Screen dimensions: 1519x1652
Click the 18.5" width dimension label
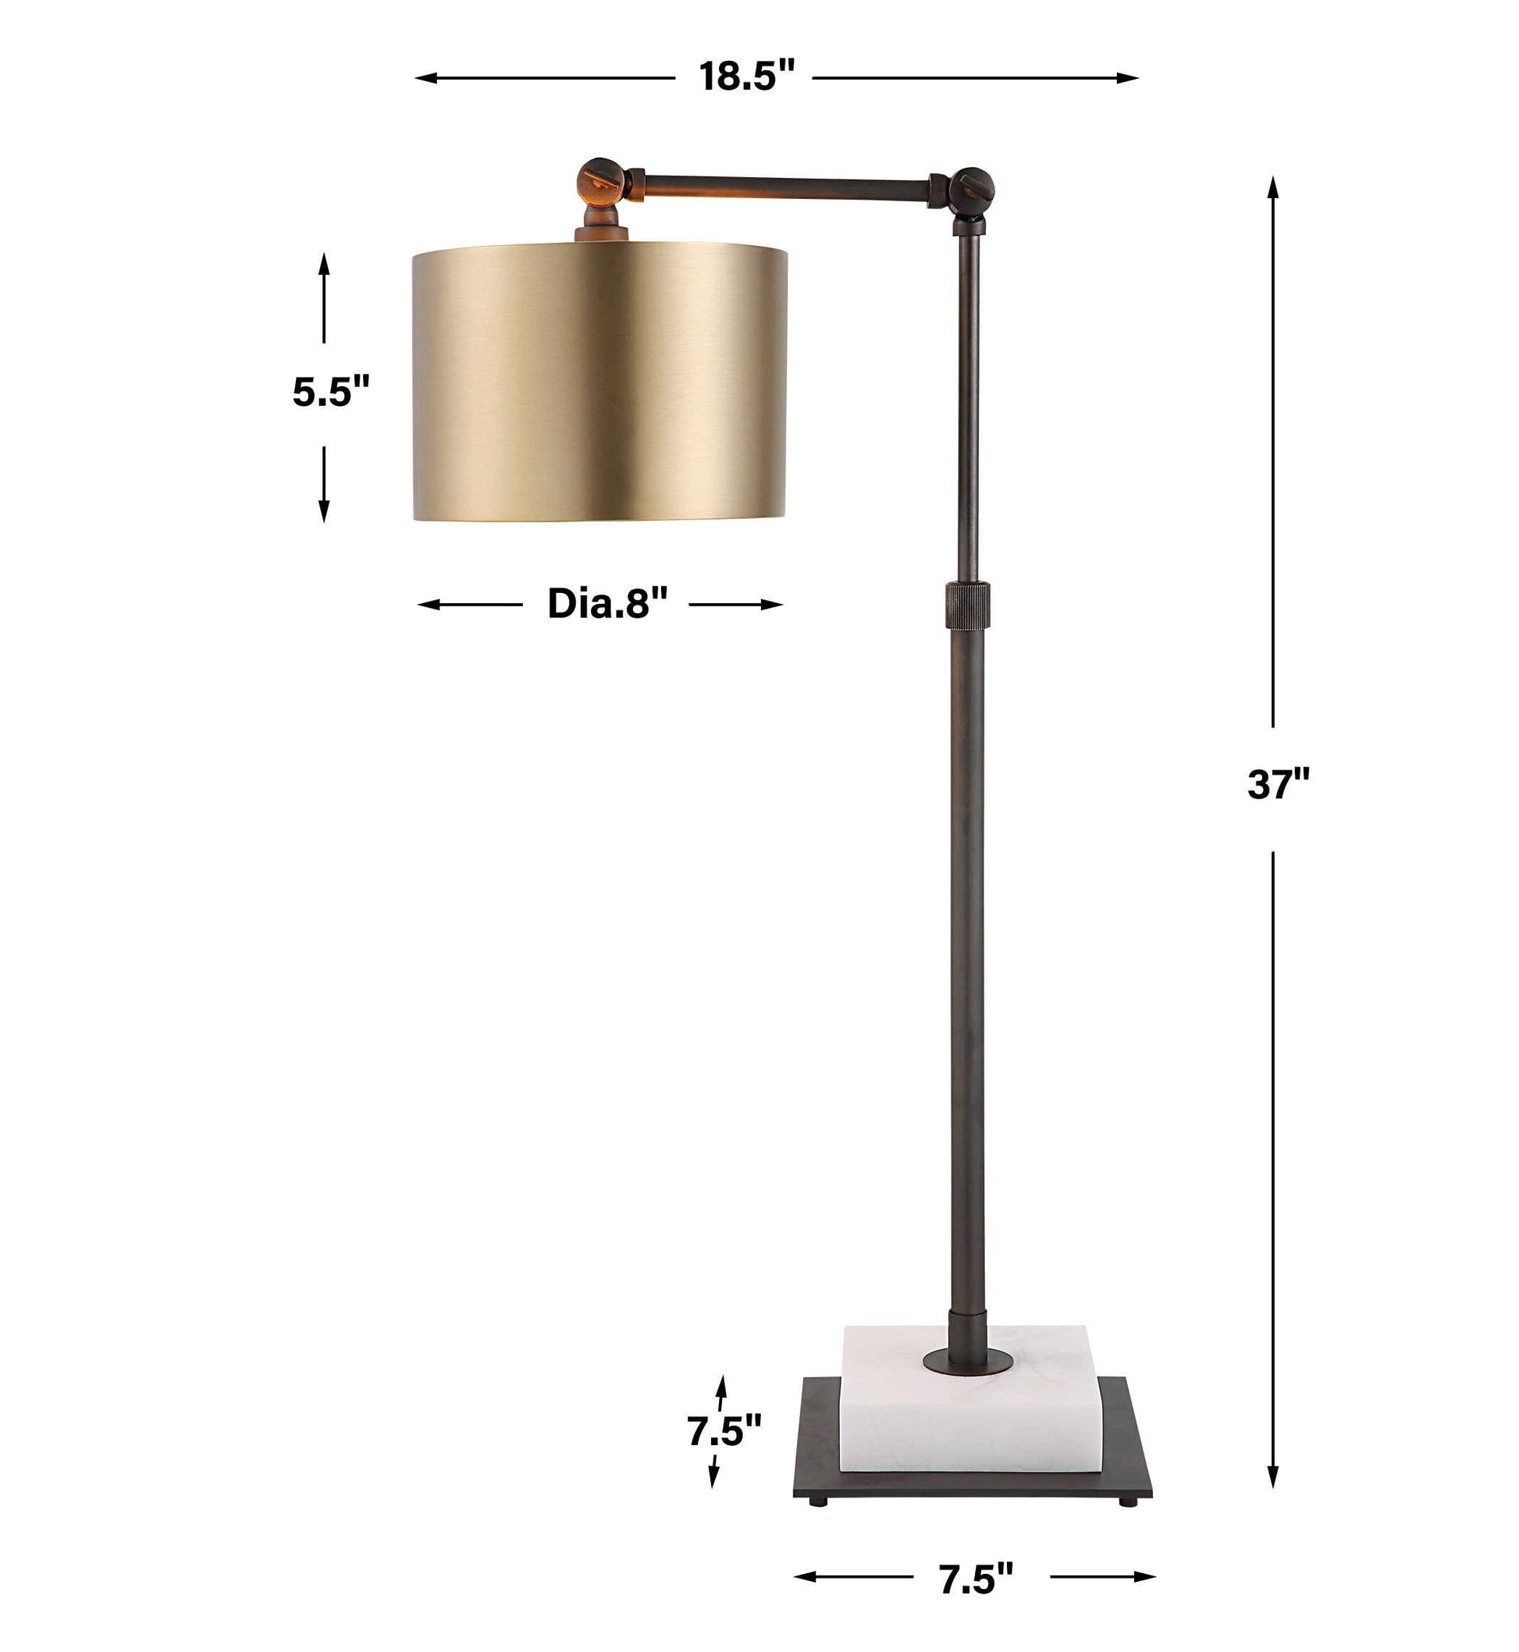[747, 76]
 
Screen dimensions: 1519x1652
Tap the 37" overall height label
[1278, 784]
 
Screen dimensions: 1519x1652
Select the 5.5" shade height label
[331, 391]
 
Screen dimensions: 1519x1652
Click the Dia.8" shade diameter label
[607, 603]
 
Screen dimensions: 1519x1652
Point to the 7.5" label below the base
[976, 1578]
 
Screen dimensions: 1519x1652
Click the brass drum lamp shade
[599, 382]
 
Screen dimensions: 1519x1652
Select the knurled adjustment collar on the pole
[967, 605]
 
